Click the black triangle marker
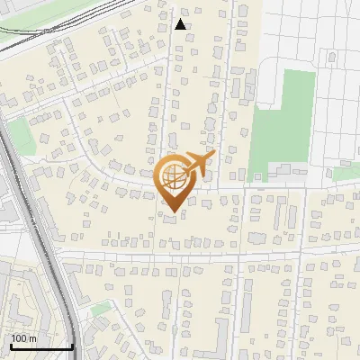pos(181,24)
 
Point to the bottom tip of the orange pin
pos(172,212)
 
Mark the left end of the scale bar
pos(11,346)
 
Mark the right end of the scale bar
pos(72,346)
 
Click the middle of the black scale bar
pos(41,346)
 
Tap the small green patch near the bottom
pos(101,310)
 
